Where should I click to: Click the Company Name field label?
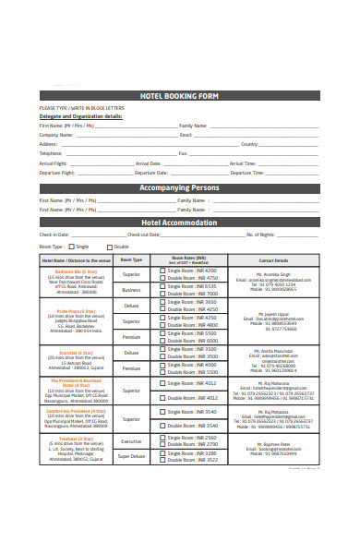[x=55, y=134]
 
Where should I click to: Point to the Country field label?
[x=249, y=144]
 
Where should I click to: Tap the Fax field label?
[x=183, y=153]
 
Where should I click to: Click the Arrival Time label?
[x=243, y=163]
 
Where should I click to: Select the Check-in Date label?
[x=54, y=235]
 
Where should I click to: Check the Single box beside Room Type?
[x=71, y=247]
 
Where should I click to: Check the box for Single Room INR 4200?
[x=163, y=271]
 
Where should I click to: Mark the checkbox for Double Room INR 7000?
[x=163, y=294]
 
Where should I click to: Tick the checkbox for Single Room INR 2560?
[x=163, y=437]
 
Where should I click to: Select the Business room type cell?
[x=131, y=289]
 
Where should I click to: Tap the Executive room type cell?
[x=131, y=440]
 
